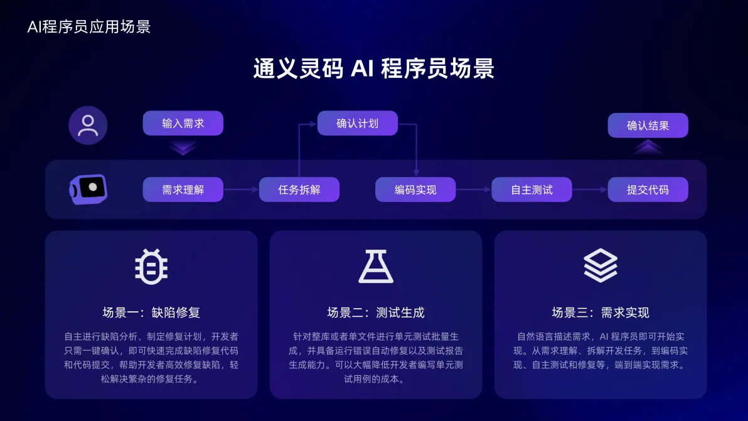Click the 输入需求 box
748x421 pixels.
tap(183, 124)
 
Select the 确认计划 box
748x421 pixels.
tap(357, 124)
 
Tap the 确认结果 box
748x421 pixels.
tap(648, 125)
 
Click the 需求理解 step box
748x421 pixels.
tap(183, 189)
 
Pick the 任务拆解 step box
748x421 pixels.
tap(299, 189)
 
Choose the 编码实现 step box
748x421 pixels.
tap(415, 189)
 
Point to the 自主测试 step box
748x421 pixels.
tap(532, 189)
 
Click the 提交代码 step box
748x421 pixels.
tap(648, 189)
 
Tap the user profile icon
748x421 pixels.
tap(88, 125)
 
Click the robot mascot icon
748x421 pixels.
tap(88, 189)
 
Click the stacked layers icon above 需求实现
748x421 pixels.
tap(601, 265)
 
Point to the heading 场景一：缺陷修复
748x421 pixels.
tap(151, 312)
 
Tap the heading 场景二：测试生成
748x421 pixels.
tap(376, 312)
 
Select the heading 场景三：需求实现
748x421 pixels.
tap(601, 312)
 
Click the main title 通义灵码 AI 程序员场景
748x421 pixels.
tap(374, 68)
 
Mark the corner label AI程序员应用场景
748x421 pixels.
tap(89, 27)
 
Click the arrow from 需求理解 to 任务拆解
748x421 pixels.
tap(241, 189)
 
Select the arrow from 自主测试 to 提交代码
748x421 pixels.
tap(590, 189)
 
